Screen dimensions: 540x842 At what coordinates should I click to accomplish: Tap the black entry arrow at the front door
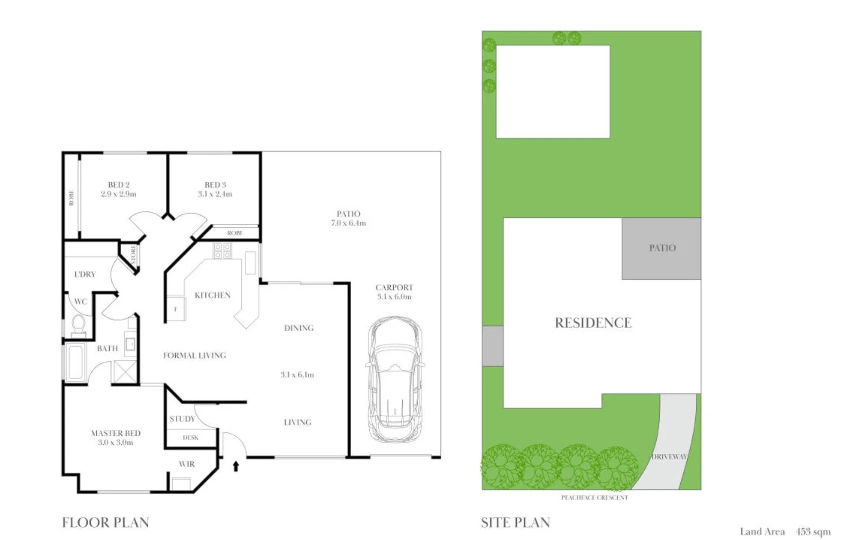click(235, 466)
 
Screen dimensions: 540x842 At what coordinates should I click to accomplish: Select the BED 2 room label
click(119, 185)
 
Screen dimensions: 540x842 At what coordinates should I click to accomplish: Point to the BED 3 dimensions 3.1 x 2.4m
click(215, 194)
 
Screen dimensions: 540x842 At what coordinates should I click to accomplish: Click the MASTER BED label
click(116, 433)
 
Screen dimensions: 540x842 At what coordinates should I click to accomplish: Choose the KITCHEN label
click(212, 296)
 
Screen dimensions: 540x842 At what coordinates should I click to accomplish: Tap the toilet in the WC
click(78, 324)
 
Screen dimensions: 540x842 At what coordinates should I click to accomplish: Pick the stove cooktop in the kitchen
click(222, 250)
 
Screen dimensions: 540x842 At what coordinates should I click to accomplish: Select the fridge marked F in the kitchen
click(176, 310)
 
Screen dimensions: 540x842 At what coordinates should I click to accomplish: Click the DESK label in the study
click(190, 438)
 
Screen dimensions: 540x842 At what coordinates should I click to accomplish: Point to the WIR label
click(187, 464)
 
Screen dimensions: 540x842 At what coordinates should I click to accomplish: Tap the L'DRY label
click(85, 275)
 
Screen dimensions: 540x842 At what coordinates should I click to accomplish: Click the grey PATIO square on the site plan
click(662, 248)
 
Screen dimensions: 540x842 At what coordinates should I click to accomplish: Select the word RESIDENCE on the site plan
click(593, 323)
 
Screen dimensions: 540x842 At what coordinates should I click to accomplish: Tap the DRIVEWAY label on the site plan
click(669, 457)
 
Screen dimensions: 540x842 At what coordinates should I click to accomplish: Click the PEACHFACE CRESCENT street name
click(594, 497)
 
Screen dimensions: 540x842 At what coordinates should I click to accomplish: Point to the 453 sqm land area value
click(813, 532)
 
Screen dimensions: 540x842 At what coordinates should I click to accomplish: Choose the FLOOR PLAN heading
click(106, 523)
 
